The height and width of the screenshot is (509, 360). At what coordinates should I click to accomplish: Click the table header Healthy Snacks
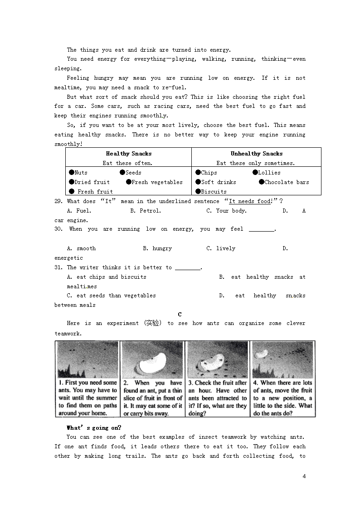click(129, 154)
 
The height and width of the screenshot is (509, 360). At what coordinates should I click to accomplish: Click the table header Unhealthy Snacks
click(256, 154)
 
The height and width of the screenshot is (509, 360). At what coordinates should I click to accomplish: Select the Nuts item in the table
click(81, 173)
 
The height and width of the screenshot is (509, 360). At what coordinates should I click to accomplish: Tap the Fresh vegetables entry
click(157, 182)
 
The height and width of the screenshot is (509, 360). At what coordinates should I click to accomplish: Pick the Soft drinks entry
click(218, 182)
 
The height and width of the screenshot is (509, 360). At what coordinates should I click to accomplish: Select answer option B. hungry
click(157, 248)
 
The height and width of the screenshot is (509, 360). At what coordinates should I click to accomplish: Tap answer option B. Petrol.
click(146, 211)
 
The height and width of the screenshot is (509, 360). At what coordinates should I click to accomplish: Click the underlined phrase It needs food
click(250, 201)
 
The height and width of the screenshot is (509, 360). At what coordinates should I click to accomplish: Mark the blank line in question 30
click(262, 230)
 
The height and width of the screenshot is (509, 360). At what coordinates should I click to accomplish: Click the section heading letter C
click(180, 314)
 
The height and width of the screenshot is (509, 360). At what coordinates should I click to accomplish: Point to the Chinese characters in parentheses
click(152, 323)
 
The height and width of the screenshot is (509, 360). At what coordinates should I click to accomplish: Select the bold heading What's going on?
click(94, 427)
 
